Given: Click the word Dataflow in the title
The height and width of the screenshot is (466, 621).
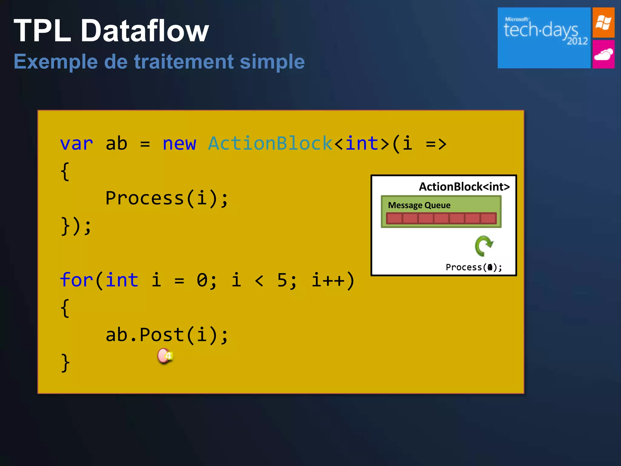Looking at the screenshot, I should click(x=145, y=31).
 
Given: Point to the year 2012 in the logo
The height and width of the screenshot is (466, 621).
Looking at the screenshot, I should click(x=577, y=41).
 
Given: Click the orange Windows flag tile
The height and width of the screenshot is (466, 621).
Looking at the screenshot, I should click(x=603, y=22).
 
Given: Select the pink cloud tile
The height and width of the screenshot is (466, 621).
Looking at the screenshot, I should click(x=603, y=55).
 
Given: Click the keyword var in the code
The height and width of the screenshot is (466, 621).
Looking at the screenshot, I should click(x=76, y=144).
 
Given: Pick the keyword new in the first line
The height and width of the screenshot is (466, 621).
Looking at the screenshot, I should click(x=179, y=144).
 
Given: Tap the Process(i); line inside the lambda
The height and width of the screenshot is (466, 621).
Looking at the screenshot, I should click(x=166, y=198).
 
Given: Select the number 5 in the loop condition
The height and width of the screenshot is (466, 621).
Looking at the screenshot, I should click(x=282, y=280).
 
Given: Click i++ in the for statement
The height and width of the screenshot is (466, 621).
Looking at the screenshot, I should click(x=328, y=280).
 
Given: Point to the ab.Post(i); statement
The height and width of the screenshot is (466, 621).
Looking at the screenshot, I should click(x=166, y=335).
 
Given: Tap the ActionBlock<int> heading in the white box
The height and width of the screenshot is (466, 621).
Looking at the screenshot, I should click(x=464, y=187).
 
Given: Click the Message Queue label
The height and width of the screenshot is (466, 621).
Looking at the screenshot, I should click(x=419, y=205).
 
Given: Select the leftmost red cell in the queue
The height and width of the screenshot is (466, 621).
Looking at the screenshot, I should click(x=394, y=218).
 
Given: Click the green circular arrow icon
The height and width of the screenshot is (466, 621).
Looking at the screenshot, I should click(x=484, y=246).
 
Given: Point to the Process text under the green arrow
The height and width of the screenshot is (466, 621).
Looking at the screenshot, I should click(x=464, y=267).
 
